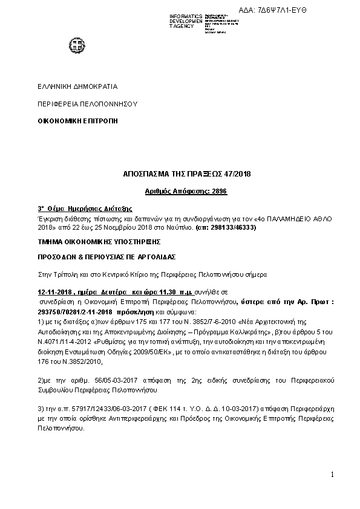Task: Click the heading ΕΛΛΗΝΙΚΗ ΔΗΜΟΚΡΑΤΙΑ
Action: click(x=77, y=86)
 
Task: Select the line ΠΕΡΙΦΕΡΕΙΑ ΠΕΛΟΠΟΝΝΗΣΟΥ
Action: click(x=88, y=104)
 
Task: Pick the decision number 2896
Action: click(x=219, y=191)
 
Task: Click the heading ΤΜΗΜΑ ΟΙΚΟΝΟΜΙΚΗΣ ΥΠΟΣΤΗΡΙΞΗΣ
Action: click(x=98, y=241)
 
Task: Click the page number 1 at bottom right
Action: click(x=332, y=475)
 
